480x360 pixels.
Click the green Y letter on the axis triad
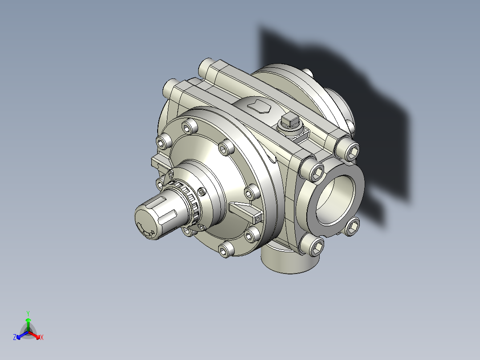(28, 313)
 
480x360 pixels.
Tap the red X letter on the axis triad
(41, 337)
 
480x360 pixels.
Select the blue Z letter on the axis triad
(15, 337)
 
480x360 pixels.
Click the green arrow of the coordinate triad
(28, 323)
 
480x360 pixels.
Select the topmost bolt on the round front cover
(189, 127)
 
